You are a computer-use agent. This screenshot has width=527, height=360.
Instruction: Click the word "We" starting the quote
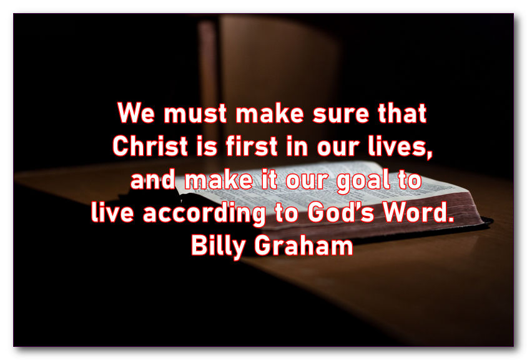click(x=136, y=112)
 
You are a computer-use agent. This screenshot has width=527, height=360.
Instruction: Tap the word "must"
click(x=195, y=113)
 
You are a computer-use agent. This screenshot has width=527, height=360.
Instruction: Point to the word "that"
click(x=402, y=113)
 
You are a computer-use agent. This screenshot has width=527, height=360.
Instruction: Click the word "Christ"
click(x=150, y=146)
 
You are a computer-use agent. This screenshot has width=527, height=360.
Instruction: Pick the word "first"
click(x=252, y=146)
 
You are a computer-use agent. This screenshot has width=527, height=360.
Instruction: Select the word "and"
click(x=153, y=179)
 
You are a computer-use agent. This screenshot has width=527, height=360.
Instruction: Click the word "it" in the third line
click(x=269, y=179)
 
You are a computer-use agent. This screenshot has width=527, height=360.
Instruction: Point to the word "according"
click(x=204, y=213)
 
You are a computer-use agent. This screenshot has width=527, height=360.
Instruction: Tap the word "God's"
click(x=340, y=212)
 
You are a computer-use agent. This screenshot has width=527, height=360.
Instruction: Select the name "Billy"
click(x=219, y=246)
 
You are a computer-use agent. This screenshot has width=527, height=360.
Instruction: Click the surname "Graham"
click(x=304, y=245)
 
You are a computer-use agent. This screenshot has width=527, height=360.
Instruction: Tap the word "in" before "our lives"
click(x=297, y=147)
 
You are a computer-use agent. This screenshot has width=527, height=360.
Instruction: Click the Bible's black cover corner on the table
click(x=491, y=221)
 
